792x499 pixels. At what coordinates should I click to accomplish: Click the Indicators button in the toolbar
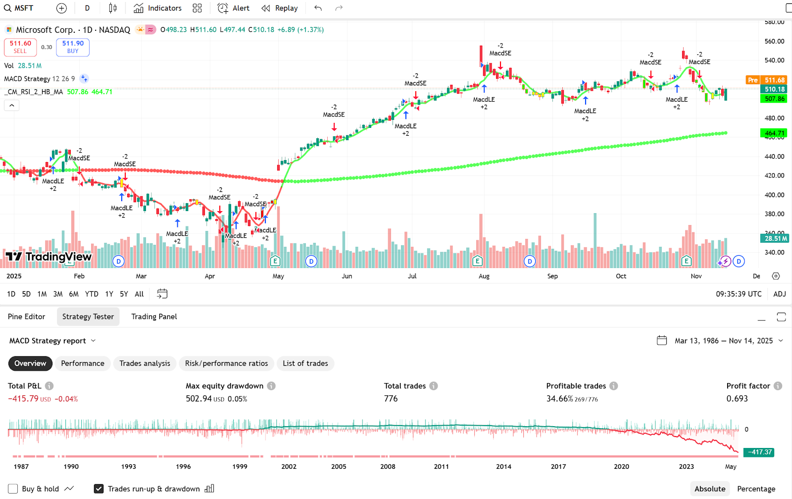(x=158, y=8)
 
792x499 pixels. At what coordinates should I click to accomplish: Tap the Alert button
(x=234, y=8)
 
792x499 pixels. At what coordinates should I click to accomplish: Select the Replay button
(x=280, y=8)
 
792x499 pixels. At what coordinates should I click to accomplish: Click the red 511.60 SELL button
(x=20, y=47)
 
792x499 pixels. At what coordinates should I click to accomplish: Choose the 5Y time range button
(x=124, y=294)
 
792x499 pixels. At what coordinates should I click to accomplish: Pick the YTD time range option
(x=92, y=294)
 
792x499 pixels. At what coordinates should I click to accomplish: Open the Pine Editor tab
(x=26, y=317)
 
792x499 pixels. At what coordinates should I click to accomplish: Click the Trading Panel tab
(x=154, y=317)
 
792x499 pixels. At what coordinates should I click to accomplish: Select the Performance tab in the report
(x=83, y=363)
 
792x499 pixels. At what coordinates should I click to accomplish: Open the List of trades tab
(x=305, y=363)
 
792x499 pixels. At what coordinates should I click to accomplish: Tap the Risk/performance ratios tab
(x=226, y=363)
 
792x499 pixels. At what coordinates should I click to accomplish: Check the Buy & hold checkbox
(x=13, y=489)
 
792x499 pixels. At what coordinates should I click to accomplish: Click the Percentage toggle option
(x=756, y=489)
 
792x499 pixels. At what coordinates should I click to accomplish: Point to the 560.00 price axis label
(x=774, y=41)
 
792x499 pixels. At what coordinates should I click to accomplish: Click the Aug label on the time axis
(x=484, y=276)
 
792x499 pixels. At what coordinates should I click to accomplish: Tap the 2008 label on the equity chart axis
(x=388, y=466)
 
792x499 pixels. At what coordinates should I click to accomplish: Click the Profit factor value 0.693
(x=737, y=398)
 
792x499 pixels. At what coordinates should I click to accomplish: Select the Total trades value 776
(x=391, y=398)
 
